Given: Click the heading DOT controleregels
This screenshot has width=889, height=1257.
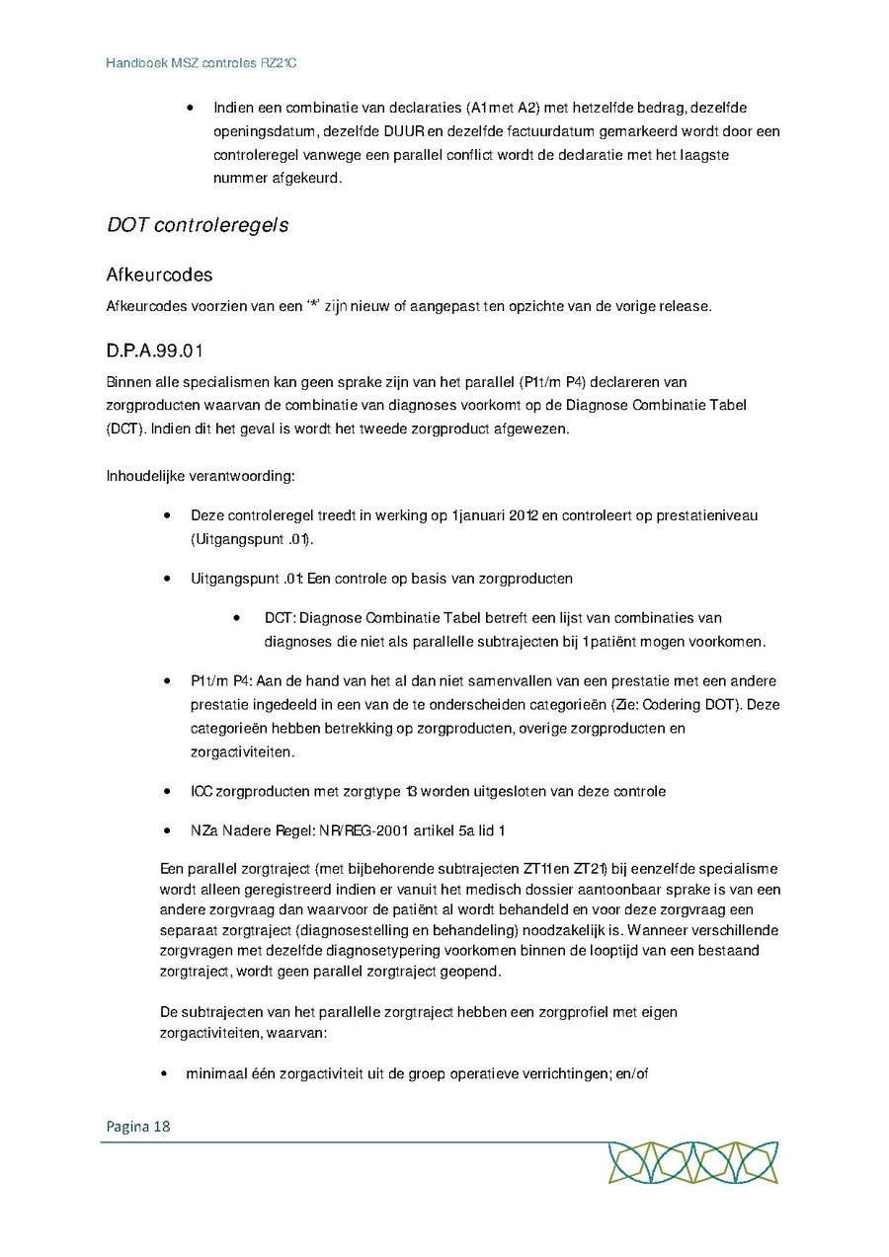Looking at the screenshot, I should click(198, 225).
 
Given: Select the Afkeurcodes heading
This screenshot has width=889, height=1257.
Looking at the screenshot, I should click(159, 275).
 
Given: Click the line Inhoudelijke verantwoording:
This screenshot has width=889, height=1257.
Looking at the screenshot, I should click(201, 476).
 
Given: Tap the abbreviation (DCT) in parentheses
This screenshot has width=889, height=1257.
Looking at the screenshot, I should click(121, 431).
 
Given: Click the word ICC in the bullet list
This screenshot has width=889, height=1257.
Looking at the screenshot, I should click(202, 792).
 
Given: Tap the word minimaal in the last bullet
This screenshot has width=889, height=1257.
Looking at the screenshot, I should click(214, 1074).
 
